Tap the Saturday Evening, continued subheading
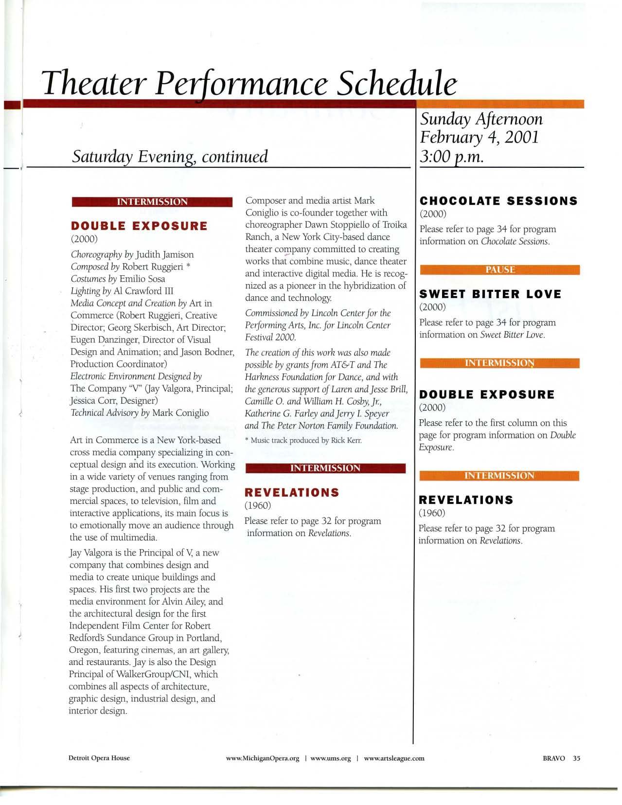point(170,156)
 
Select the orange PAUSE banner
point(499,270)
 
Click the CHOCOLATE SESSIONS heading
point(498,201)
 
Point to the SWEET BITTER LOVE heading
point(490,294)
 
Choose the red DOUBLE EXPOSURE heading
point(139,226)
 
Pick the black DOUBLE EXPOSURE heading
point(486,394)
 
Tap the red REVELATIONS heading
point(292,493)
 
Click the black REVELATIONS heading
point(466,500)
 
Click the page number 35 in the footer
point(577,758)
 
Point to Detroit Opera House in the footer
point(99,758)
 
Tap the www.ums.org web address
point(330,758)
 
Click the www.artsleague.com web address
point(394,758)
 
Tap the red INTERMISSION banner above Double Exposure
point(152,202)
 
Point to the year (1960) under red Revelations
point(257,506)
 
